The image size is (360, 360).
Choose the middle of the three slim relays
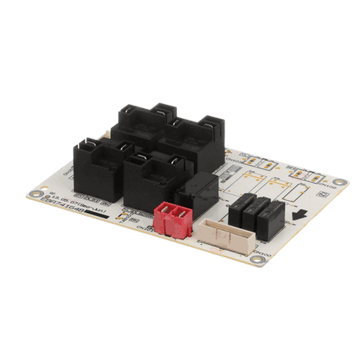254,210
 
